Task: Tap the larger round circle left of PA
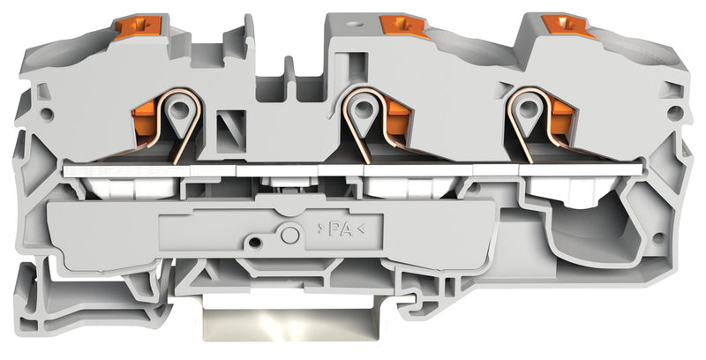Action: [x=289, y=233]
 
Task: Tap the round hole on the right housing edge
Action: [x=673, y=113]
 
